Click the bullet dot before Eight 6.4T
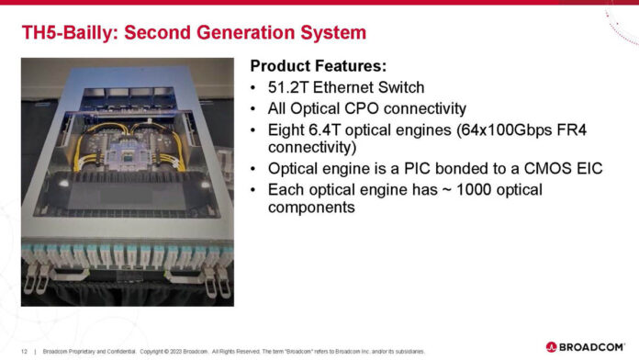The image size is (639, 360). [x=253, y=129]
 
